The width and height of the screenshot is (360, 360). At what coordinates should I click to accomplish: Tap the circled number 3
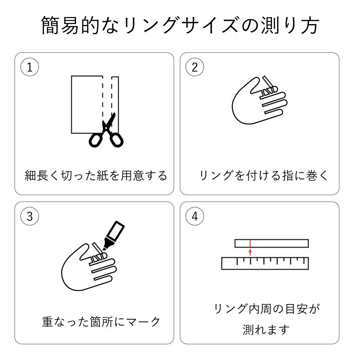[30, 216]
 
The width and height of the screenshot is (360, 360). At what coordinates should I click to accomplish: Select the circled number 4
[195, 216]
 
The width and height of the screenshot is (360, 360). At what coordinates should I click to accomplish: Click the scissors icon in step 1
[106, 132]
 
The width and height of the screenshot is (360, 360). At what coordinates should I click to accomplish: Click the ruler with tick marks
[265, 263]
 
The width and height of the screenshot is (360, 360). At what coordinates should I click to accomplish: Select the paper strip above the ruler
[272, 243]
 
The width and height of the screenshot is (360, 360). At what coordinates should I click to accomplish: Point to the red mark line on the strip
[250, 243]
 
